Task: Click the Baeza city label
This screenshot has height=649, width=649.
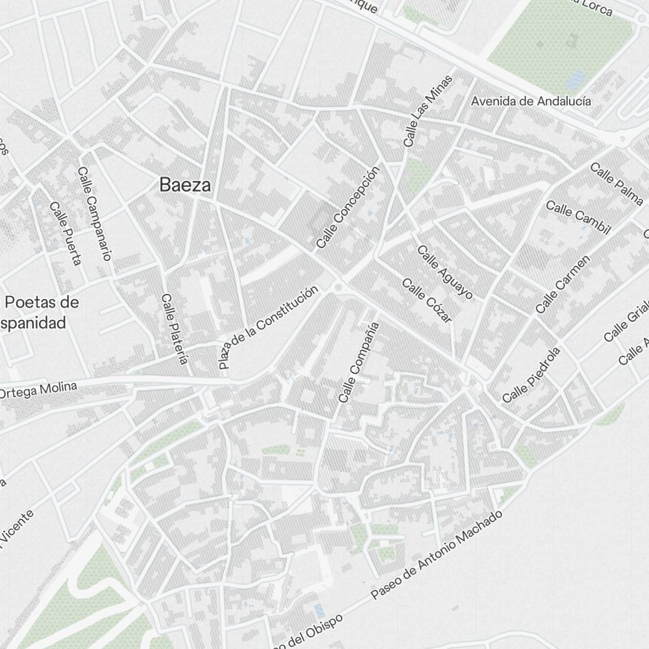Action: [x=185, y=185]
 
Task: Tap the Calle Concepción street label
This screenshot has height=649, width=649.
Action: [x=347, y=208]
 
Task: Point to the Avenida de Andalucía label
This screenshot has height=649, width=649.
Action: [x=531, y=101]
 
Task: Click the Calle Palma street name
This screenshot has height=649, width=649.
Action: [x=616, y=184]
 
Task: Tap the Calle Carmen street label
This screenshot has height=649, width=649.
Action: [x=563, y=284]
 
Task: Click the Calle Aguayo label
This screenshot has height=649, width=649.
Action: [x=445, y=272]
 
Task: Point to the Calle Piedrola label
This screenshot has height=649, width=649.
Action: [x=531, y=374]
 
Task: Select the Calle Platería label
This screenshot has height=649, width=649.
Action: [x=175, y=328]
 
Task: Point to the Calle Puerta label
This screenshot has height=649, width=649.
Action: [x=66, y=234]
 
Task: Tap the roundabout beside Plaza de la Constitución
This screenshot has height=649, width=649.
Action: [x=337, y=287]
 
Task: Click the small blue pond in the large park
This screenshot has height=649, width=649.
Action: [x=574, y=80]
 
